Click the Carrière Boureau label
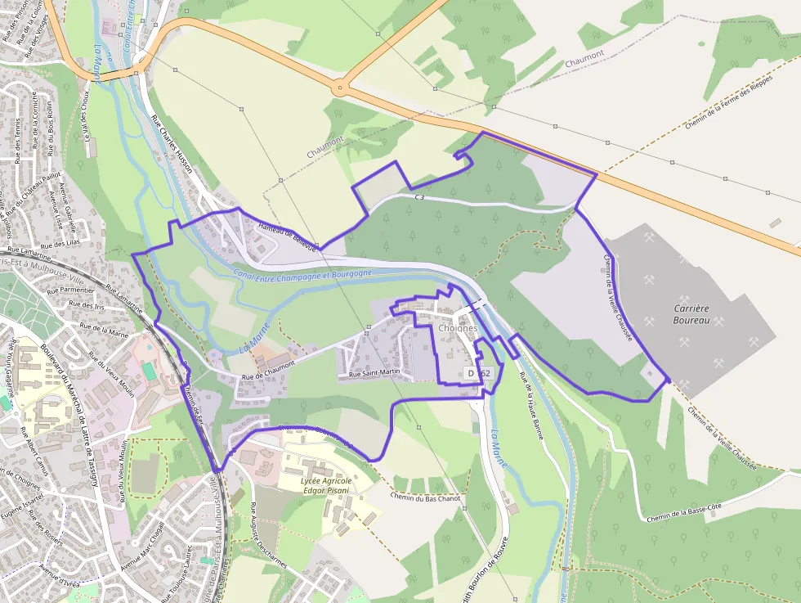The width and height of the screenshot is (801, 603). coord(691,314)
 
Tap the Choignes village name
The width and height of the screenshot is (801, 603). coord(458,328)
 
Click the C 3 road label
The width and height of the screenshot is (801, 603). coord(420,197)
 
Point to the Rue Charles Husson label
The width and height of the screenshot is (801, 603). coord(172,143)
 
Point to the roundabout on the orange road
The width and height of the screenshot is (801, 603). coord(341,86)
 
